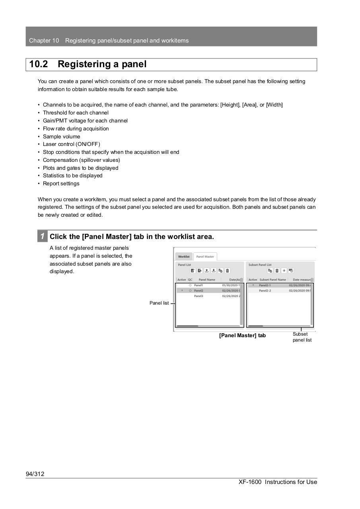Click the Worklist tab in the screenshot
184,256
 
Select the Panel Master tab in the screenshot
205,256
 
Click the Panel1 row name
198,285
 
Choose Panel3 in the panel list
198,296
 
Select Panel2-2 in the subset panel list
265,291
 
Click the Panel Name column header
207,280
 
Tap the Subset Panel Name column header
272,280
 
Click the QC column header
190,280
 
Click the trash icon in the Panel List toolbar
228,271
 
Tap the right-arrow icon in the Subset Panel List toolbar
284,271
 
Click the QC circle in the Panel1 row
190,285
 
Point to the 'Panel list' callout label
159,303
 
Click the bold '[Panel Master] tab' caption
242,336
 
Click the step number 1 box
42,236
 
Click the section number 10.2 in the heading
39,64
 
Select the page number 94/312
35,474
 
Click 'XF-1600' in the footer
250,482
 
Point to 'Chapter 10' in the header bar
44,41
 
